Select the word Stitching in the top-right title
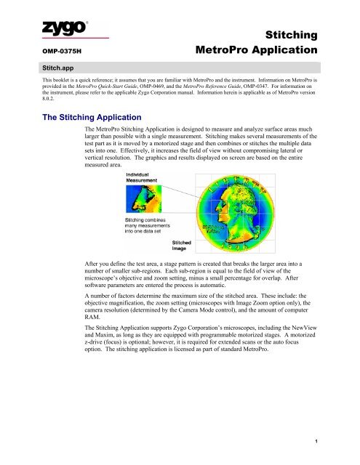292,34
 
